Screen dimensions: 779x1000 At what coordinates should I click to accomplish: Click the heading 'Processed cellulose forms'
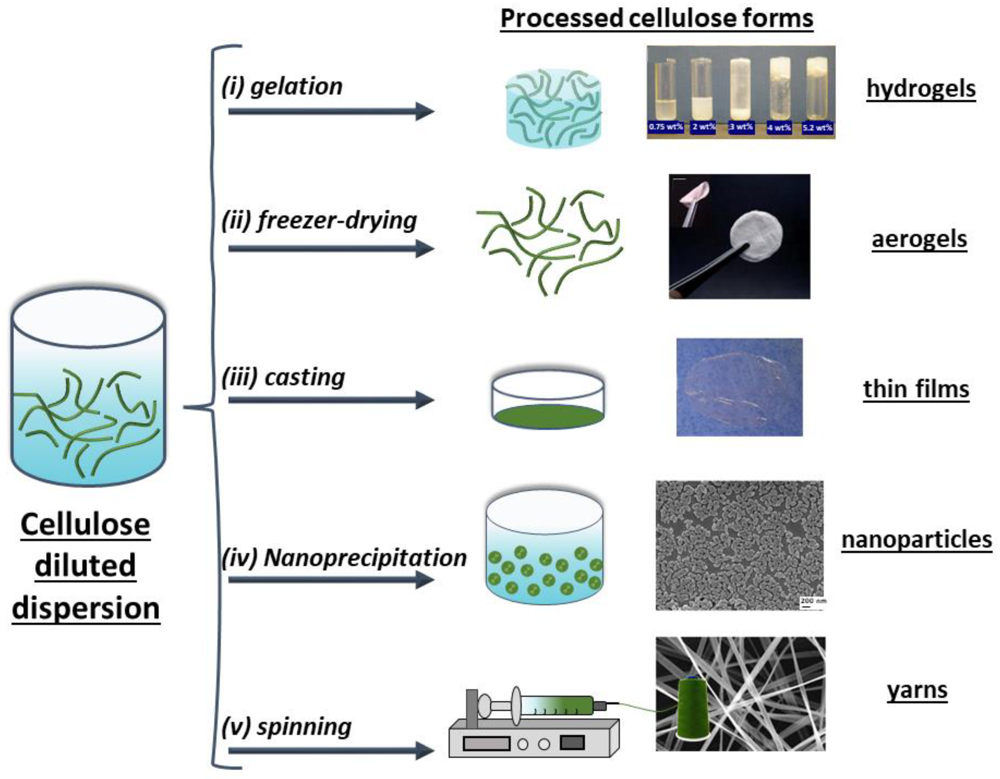coord(657,19)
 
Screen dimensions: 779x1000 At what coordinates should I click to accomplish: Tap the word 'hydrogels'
coord(921,88)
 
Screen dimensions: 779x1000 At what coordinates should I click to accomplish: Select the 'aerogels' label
coord(919,239)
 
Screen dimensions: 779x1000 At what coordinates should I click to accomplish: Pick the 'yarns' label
coord(917,690)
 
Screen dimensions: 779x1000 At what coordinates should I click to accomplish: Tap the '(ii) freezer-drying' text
coord(319,221)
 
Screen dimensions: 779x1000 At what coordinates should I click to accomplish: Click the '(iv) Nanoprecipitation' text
coord(344,557)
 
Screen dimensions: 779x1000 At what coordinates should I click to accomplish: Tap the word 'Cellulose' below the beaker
coord(85,524)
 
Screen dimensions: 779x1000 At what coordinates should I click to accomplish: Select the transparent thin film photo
coord(739,387)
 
